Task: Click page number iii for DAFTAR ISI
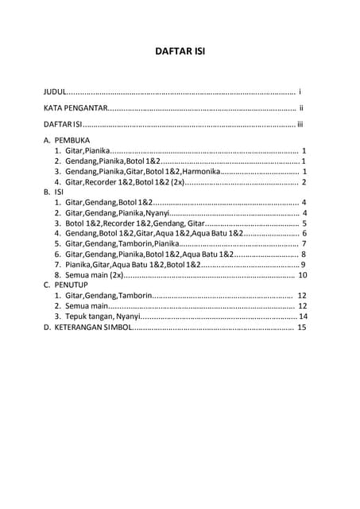coord(300,123)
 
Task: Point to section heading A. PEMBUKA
coord(72,139)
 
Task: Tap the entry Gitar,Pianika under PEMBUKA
coord(87,150)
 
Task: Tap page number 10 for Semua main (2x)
coord(302,275)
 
